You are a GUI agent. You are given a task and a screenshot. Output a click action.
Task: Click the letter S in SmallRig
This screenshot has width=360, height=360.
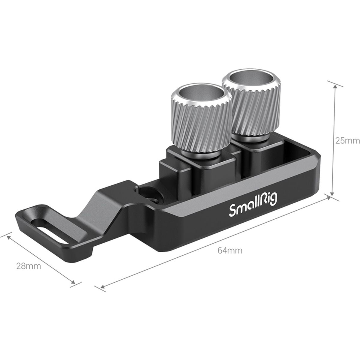point(232,211)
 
